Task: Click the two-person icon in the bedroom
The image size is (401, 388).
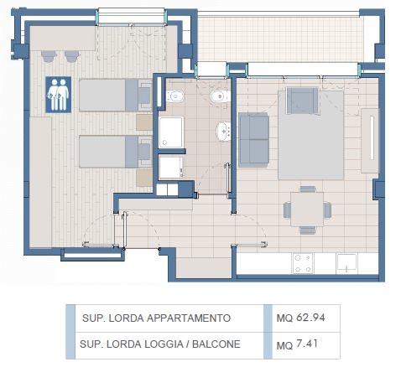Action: [x=58, y=95]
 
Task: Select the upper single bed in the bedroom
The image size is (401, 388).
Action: [x=116, y=96]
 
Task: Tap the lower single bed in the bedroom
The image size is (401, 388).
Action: [x=116, y=152]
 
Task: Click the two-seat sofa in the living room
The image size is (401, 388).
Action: [x=253, y=140]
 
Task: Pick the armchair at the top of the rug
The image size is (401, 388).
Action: [x=303, y=101]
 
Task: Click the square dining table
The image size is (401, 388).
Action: [x=307, y=209]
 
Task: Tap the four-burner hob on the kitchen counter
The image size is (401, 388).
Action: [x=303, y=263]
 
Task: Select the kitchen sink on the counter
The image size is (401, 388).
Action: [x=346, y=263]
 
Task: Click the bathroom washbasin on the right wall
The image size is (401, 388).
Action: [x=223, y=132]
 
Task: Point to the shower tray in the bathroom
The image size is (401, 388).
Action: [x=171, y=132]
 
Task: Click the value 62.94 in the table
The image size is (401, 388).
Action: [x=310, y=318]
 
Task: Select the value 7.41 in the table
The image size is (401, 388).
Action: [x=307, y=344]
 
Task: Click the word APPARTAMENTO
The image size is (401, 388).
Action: [x=189, y=318]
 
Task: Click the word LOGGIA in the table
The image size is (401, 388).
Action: [x=164, y=344]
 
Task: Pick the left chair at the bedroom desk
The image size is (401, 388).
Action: [x=49, y=56]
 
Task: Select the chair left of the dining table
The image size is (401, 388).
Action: [x=287, y=210]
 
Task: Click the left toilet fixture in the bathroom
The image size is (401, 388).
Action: [x=175, y=96]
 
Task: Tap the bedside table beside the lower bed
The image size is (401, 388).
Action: [x=144, y=178]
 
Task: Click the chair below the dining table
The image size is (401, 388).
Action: [x=308, y=230]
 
